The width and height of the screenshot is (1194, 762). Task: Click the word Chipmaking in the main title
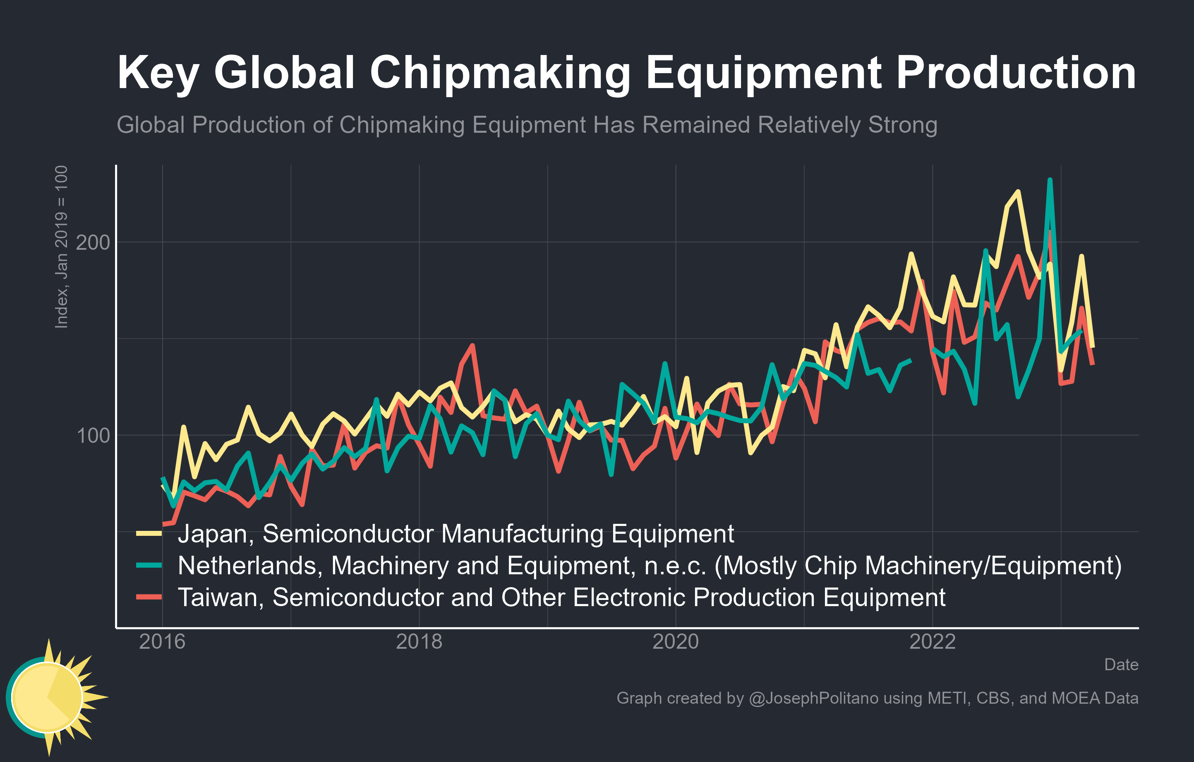tap(500, 73)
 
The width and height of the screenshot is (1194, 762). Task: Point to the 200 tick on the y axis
tap(93, 242)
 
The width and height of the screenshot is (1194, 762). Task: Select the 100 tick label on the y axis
tap(93, 435)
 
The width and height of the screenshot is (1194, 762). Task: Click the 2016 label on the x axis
tap(162, 642)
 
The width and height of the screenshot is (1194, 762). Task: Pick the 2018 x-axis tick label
tap(419, 642)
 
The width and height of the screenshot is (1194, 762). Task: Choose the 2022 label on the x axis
tap(932, 642)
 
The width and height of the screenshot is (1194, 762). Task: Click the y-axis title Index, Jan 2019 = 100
tap(61, 247)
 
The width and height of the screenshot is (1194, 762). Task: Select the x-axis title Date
tap(1121, 664)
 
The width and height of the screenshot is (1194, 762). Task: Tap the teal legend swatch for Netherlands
tap(149, 565)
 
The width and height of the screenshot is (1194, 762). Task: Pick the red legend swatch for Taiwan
tap(149, 597)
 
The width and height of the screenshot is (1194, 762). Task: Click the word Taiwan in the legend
tap(221, 597)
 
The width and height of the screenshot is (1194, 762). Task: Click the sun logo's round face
tap(47, 697)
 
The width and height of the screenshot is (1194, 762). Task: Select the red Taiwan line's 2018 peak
tap(472, 345)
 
